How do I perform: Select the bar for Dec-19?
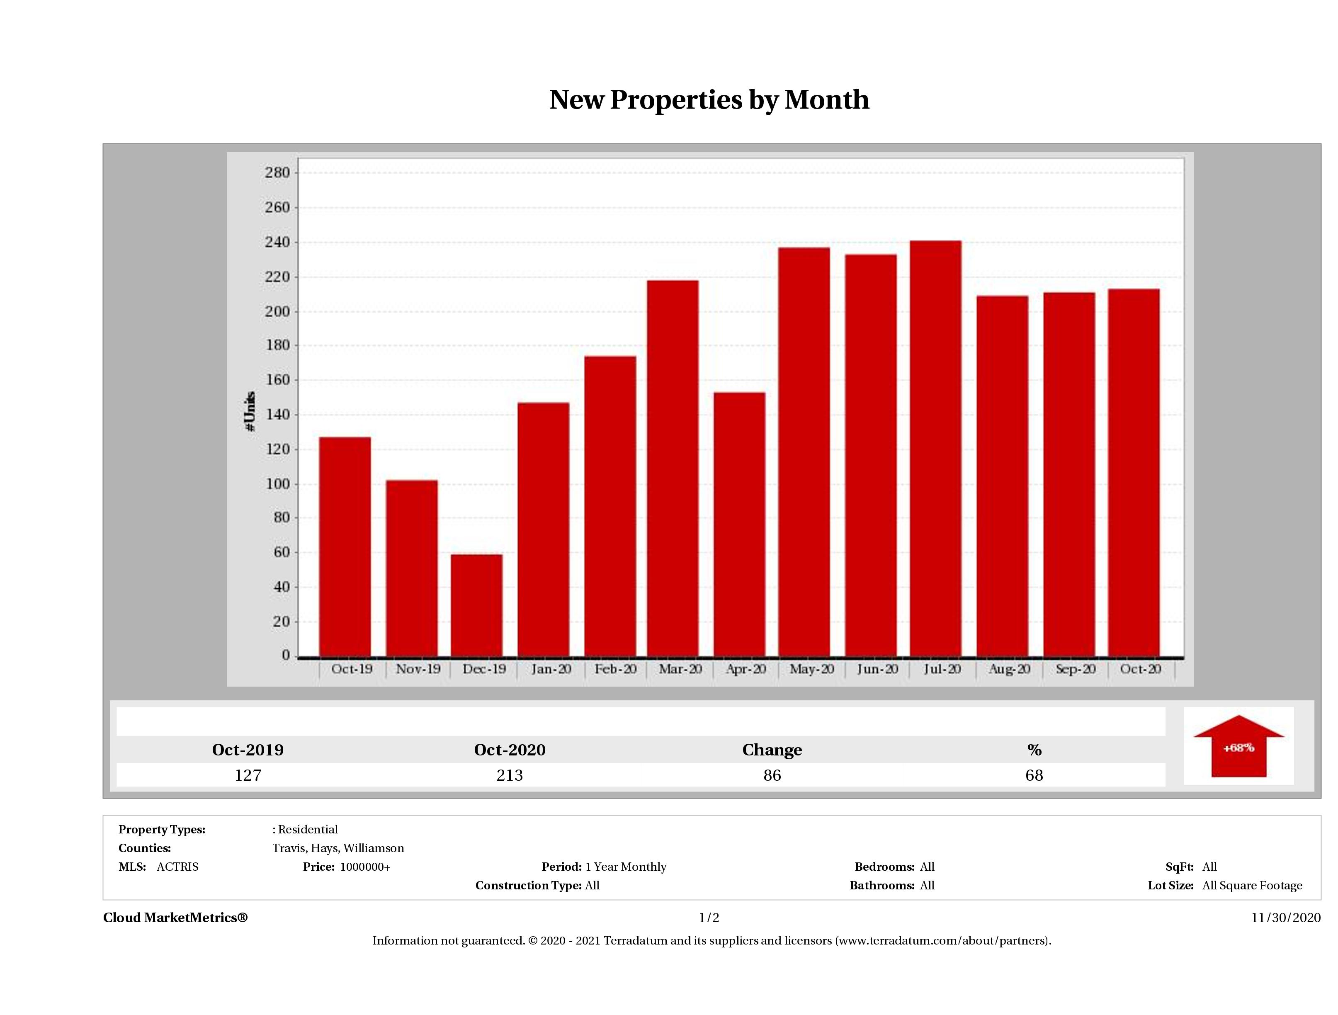(x=477, y=605)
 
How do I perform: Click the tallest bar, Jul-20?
(x=935, y=448)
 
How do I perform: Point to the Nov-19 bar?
(x=411, y=568)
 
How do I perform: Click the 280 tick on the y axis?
(x=278, y=173)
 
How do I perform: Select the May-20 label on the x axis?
(x=812, y=669)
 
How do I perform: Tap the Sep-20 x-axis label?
(x=1076, y=669)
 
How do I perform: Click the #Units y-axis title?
(x=250, y=411)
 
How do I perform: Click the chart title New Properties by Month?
(x=709, y=100)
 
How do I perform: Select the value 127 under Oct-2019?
(x=248, y=775)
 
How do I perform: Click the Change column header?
(x=772, y=750)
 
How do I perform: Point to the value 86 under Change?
(x=772, y=775)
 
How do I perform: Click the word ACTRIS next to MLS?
(x=177, y=867)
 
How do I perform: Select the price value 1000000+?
(x=365, y=867)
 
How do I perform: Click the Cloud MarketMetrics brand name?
(x=175, y=918)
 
